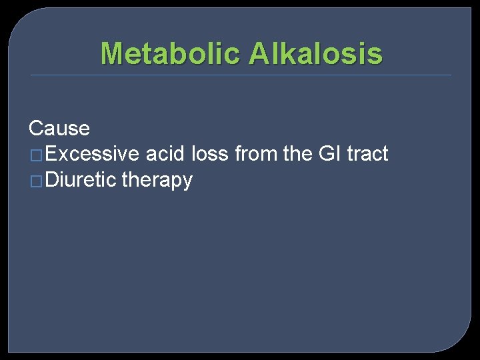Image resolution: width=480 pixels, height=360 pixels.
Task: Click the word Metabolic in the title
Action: (171, 53)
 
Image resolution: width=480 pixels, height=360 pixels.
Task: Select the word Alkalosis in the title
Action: (316, 53)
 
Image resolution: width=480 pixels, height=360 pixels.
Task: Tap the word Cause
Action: (59, 128)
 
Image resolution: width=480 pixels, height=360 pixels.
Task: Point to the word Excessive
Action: (93, 154)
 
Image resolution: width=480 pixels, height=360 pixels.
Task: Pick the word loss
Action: (210, 154)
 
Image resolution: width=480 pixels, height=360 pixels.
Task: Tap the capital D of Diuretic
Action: (54, 180)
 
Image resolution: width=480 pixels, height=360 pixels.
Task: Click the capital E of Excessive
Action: (53, 154)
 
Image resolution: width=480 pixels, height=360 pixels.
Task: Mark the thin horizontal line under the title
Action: (240, 75)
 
